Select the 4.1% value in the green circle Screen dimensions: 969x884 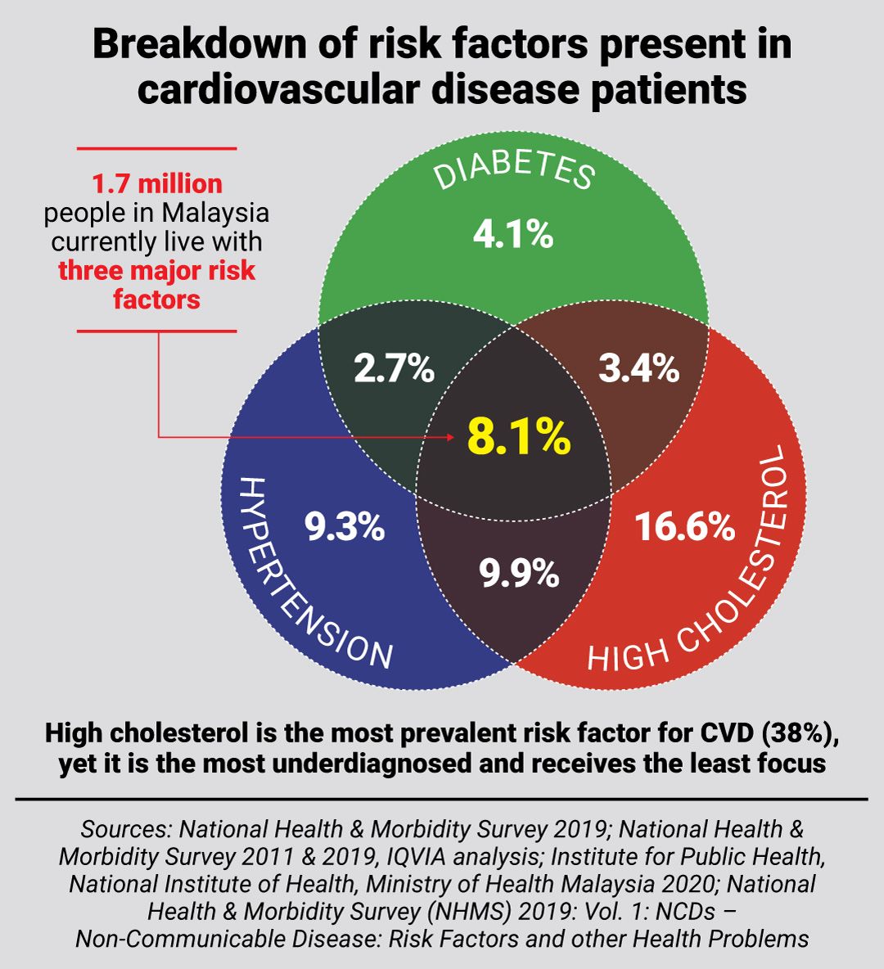pyautogui.click(x=513, y=235)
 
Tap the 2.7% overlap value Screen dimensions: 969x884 pyautogui.click(x=394, y=369)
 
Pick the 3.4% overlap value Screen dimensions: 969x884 pyautogui.click(x=638, y=369)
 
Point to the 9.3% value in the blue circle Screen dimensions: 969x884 pyautogui.click(x=345, y=527)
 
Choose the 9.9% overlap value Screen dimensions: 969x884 pyautogui.click(x=519, y=574)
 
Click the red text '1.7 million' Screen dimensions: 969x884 pyautogui.click(x=156, y=183)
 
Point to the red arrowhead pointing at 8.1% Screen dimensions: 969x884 pyautogui.click(x=449, y=437)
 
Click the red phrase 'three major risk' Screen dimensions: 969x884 pyautogui.click(x=156, y=271)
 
